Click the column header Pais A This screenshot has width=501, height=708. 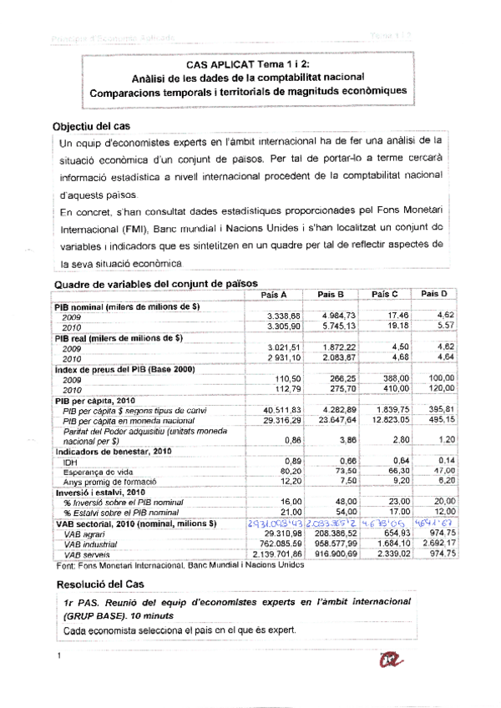(x=275, y=295)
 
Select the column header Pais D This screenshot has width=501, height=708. (x=434, y=294)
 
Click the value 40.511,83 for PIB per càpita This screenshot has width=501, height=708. (x=270, y=409)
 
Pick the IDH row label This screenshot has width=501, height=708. (x=70, y=462)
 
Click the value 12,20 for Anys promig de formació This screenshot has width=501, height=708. (x=280, y=482)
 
